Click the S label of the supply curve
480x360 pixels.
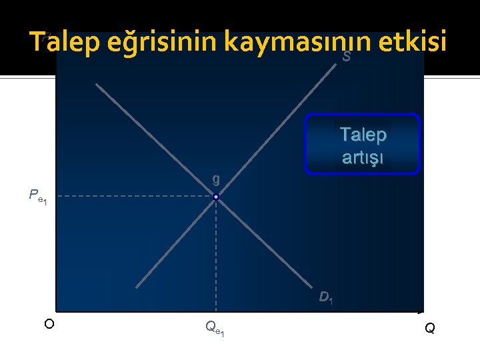pos(346,58)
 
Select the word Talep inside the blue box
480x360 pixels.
pos(363,135)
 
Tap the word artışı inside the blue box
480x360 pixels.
pos(363,158)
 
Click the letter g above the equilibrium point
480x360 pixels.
pos(215,179)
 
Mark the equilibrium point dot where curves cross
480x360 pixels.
pos(216,197)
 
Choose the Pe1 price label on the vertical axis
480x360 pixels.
pos(37,196)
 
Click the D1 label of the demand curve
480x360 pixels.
pos(325,297)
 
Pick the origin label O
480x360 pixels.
pos(49,324)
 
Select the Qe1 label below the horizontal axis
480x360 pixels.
pos(215,327)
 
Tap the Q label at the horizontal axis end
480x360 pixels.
pos(430,328)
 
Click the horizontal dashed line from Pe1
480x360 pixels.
pos(133,197)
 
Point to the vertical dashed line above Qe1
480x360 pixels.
pos(216,253)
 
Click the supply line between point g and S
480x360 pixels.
pos(280,131)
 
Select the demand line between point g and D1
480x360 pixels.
pos(267,247)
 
